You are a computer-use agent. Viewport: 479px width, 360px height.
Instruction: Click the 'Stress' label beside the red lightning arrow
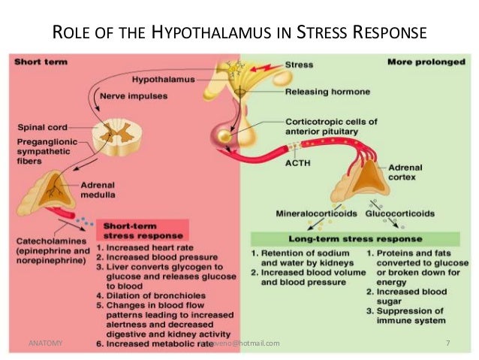(300, 65)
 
